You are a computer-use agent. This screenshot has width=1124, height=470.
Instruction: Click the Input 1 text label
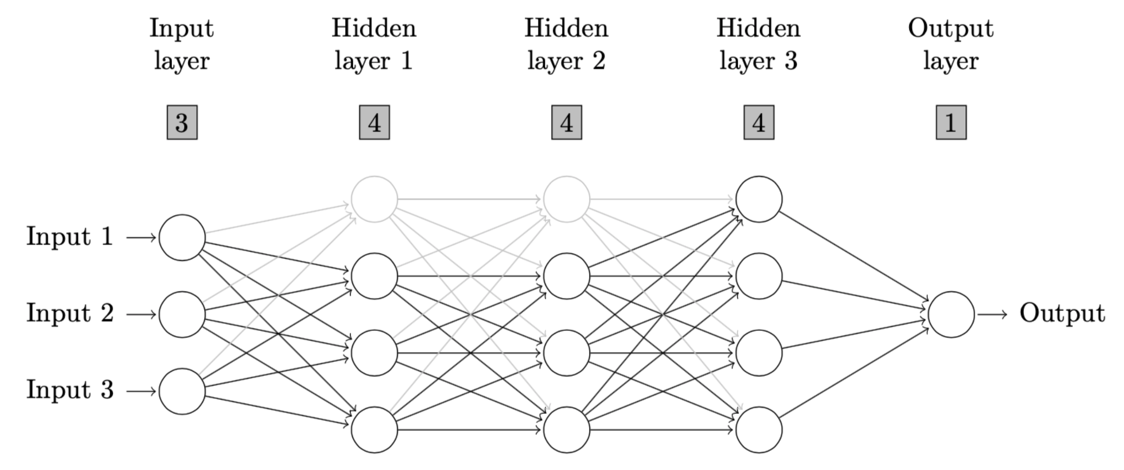click(70, 236)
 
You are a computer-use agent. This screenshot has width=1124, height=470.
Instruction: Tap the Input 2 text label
click(70, 313)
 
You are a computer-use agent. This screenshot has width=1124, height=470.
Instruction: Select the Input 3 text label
click(70, 390)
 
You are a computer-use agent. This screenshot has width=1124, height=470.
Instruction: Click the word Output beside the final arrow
click(1062, 314)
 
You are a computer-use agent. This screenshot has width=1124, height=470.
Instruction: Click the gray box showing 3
click(182, 122)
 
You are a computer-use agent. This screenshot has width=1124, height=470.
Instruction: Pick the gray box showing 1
click(951, 122)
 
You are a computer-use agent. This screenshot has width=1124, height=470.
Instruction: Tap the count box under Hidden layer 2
click(566, 122)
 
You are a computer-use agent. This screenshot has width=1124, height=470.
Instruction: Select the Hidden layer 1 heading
click(374, 44)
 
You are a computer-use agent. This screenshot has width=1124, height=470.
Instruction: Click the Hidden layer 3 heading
click(758, 44)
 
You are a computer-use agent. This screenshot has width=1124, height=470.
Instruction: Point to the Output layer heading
click(951, 44)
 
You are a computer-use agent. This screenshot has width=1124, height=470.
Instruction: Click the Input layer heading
click(182, 44)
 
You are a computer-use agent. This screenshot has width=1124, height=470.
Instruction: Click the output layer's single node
click(951, 314)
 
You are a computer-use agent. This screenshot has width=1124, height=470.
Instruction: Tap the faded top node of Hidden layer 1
click(374, 199)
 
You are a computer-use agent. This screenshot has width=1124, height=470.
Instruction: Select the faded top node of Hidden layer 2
click(566, 199)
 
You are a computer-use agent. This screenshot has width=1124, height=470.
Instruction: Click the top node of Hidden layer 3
click(759, 199)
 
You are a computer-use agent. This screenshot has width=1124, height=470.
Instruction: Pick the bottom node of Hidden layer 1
click(374, 430)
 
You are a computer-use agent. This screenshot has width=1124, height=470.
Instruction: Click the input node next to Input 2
click(182, 314)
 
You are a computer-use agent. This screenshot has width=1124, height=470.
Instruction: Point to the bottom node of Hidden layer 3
click(759, 430)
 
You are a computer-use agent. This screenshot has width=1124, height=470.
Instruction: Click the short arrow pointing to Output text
click(992, 314)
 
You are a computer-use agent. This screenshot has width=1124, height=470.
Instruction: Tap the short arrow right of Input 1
click(141, 238)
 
